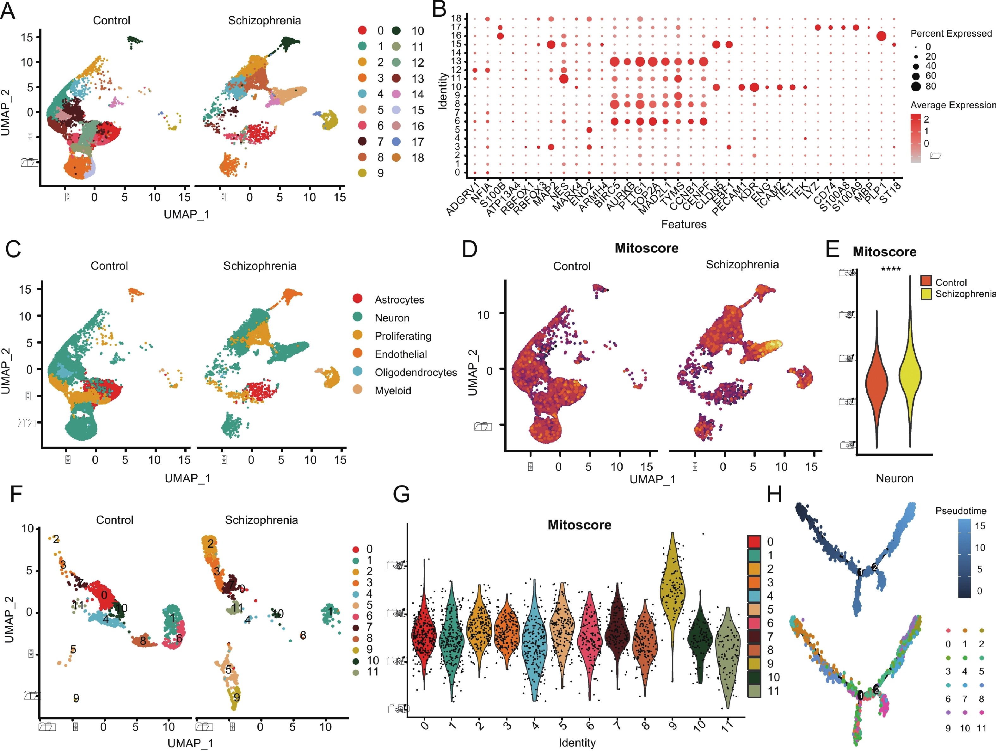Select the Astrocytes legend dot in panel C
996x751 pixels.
click(358, 298)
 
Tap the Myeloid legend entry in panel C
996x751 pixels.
click(393, 390)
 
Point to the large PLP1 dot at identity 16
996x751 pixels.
click(882, 36)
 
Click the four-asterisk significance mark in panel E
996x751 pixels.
click(891, 269)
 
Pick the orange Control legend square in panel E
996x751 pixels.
click(926, 281)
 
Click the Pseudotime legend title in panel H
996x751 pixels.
click(961, 510)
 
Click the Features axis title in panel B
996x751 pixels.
click(684, 224)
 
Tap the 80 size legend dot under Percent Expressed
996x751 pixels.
click(916, 86)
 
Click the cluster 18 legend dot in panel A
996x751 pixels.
click(396, 158)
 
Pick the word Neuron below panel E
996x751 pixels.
click(894, 478)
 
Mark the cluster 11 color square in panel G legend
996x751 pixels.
click(754, 691)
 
